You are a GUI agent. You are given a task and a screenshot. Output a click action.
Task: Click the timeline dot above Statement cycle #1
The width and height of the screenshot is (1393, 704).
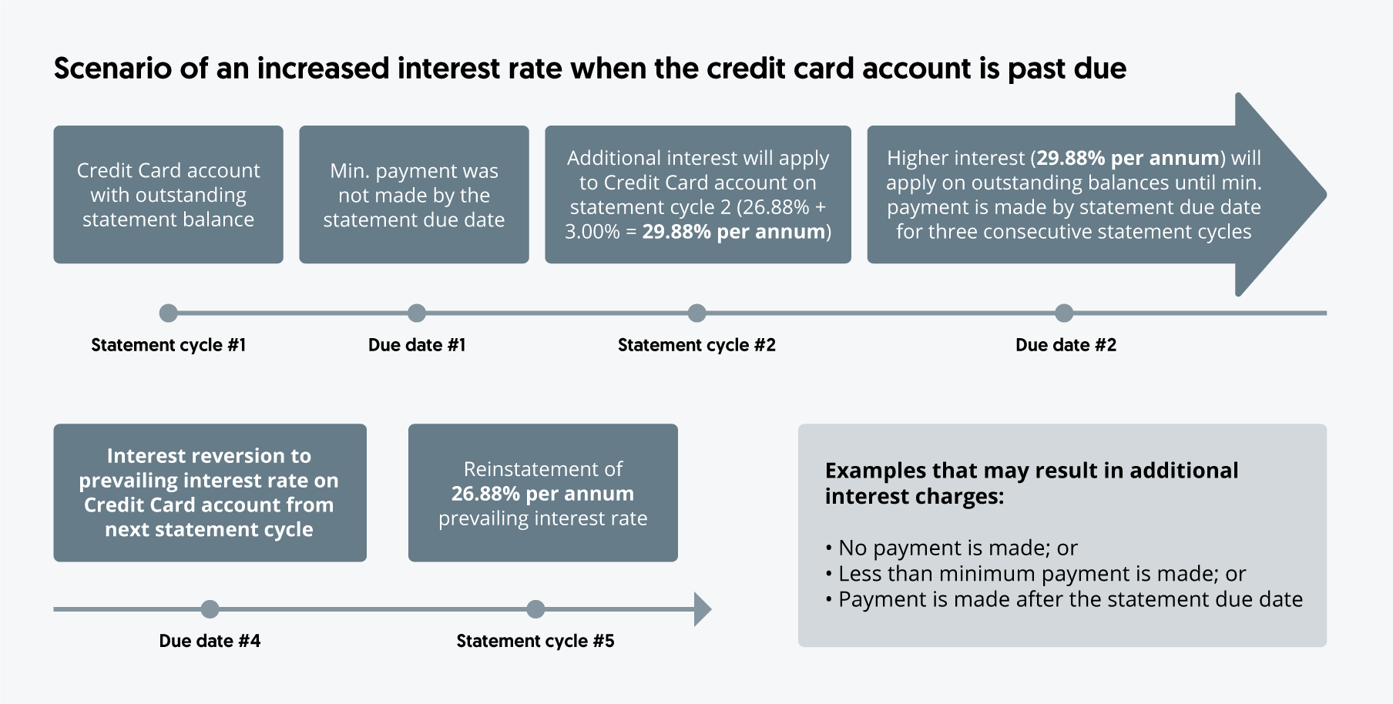click(x=168, y=313)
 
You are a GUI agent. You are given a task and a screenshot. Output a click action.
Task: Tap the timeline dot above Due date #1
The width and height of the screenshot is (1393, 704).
click(x=417, y=313)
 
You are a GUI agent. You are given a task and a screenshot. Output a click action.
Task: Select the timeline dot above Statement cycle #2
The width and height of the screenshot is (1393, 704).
click(x=696, y=313)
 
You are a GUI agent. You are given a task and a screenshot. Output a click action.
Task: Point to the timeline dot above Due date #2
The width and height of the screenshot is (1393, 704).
click(x=1064, y=313)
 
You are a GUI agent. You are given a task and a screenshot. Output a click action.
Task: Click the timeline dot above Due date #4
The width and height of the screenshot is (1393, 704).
click(x=210, y=609)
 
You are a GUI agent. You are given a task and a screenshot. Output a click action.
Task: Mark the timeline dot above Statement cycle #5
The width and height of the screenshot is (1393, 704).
click(x=535, y=609)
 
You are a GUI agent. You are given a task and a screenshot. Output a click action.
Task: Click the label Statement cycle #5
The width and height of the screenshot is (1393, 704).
click(x=535, y=641)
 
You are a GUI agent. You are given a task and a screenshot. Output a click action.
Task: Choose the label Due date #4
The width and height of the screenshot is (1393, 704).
click(x=210, y=641)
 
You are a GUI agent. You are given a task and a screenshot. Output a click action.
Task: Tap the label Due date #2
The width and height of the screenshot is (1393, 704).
click(x=1066, y=345)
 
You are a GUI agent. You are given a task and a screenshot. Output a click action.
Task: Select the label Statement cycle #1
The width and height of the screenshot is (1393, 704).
click(x=168, y=345)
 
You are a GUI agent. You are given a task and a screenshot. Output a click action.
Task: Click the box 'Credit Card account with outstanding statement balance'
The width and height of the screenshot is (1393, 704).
click(x=168, y=195)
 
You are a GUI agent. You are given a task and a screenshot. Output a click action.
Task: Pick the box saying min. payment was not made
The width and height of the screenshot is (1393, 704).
click(x=414, y=195)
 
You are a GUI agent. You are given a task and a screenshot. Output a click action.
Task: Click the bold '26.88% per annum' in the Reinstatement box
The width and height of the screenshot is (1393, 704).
click(x=542, y=494)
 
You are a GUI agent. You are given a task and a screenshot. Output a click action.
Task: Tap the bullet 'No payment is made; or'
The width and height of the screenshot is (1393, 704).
click(x=952, y=548)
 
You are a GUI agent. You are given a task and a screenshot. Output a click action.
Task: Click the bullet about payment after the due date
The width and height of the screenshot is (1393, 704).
click(x=1064, y=599)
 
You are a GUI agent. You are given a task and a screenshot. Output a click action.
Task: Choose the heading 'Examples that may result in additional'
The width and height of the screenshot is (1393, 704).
click(x=1032, y=471)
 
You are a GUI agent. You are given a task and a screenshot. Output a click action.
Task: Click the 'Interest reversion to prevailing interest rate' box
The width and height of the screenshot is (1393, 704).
click(x=210, y=493)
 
